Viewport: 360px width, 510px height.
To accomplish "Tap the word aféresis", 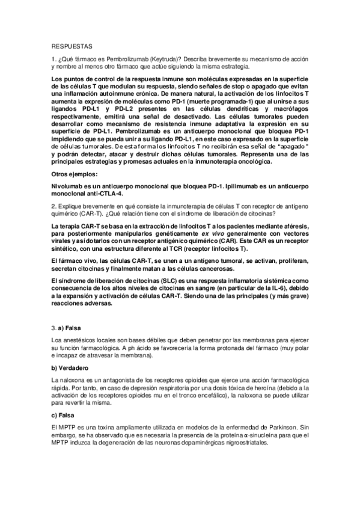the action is [x=293, y=225].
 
